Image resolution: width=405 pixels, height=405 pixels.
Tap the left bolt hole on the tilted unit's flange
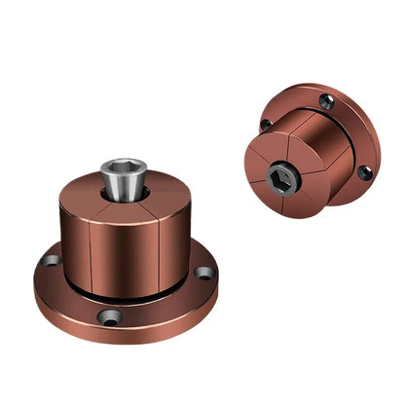(x=265, y=124)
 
